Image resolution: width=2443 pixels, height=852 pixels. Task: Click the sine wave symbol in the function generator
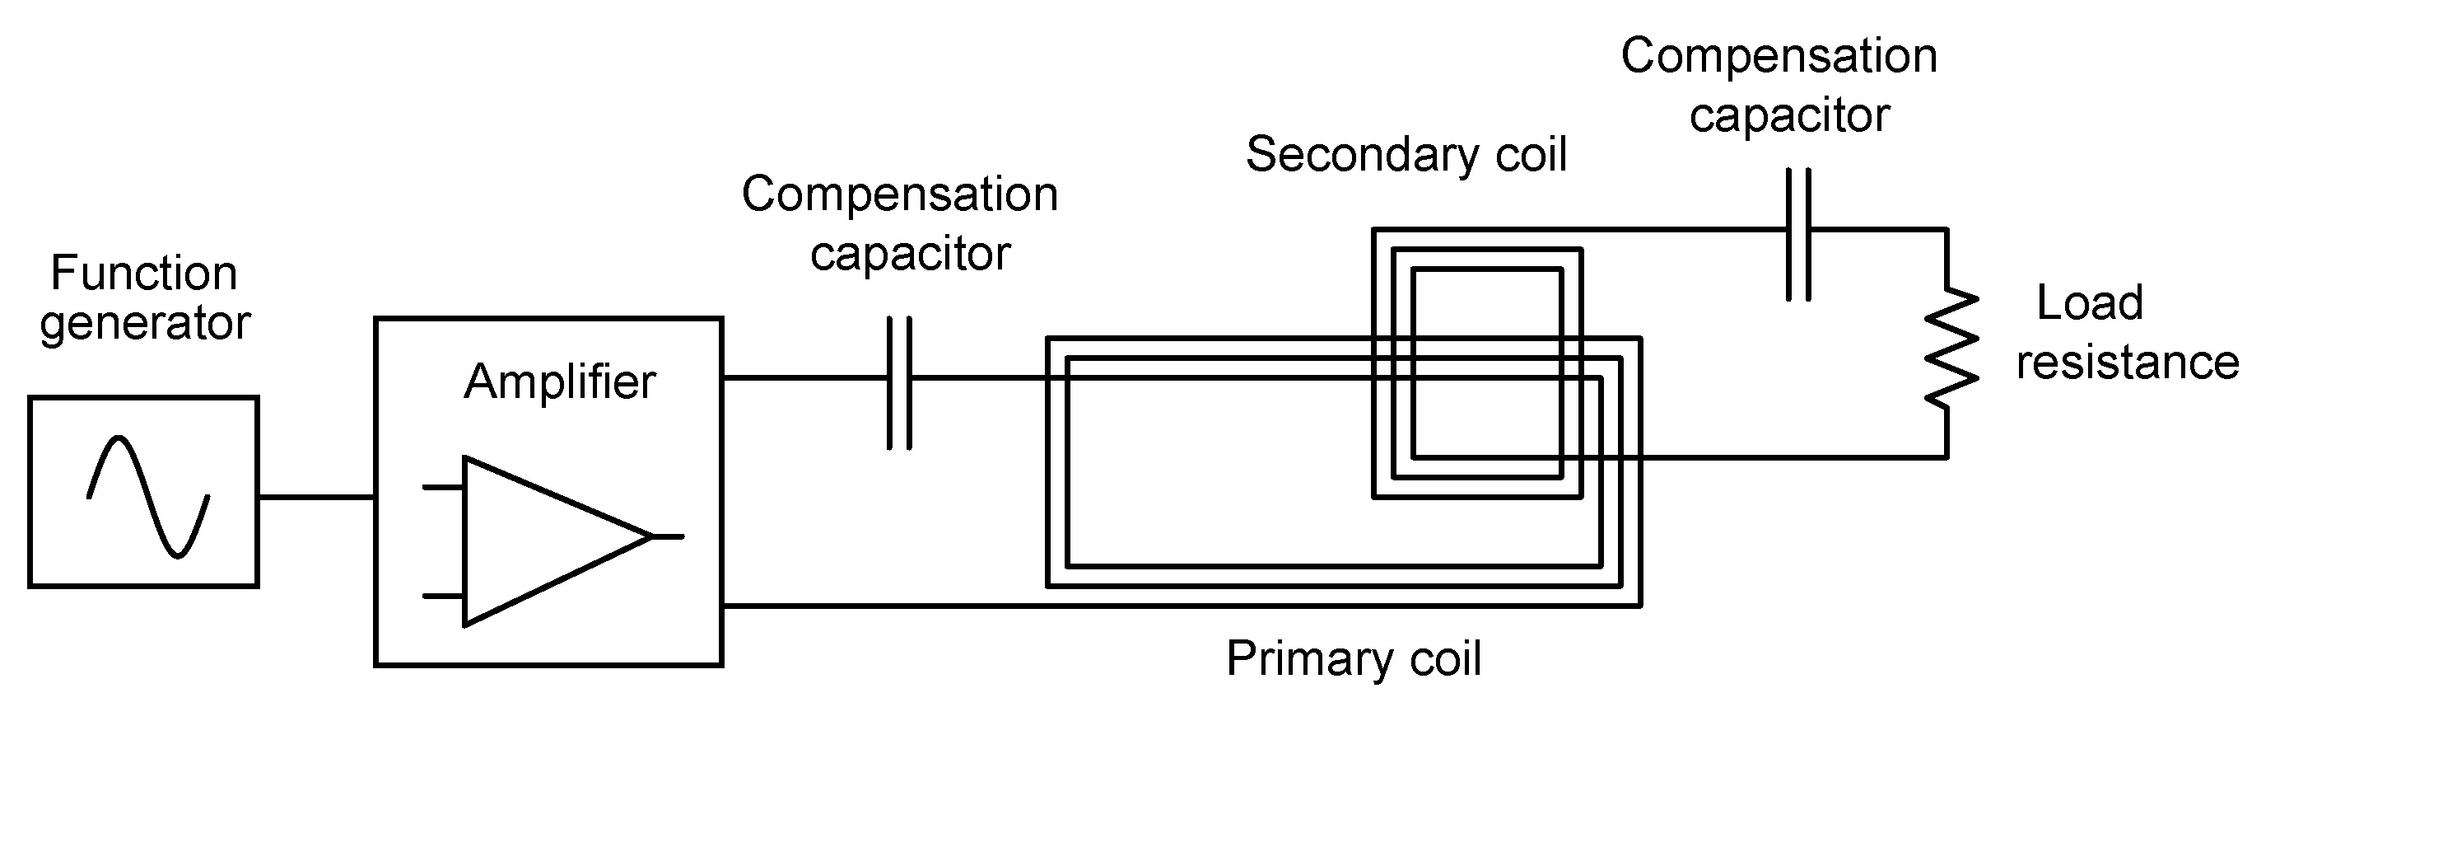(x=149, y=496)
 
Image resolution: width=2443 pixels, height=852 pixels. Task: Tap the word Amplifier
(x=560, y=382)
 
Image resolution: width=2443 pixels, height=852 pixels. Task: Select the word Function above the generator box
(x=143, y=274)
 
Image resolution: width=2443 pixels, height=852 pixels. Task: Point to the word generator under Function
(x=144, y=325)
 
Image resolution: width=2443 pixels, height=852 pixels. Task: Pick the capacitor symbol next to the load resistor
(x=1798, y=233)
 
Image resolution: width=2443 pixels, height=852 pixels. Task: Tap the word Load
(x=2089, y=303)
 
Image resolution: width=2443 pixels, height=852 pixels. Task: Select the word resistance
(x=2127, y=363)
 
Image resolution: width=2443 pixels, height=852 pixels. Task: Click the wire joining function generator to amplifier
(x=316, y=496)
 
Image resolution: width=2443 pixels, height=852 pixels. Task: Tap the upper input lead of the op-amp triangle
(x=442, y=487)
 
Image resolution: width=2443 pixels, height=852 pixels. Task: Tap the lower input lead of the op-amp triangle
(x=442, y=596)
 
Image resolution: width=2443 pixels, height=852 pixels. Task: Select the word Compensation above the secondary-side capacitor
(x=1779, y=56)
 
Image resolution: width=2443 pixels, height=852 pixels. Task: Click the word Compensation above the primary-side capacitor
(x=899, y=194)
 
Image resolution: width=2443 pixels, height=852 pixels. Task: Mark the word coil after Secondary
(x=1531, y=156)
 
